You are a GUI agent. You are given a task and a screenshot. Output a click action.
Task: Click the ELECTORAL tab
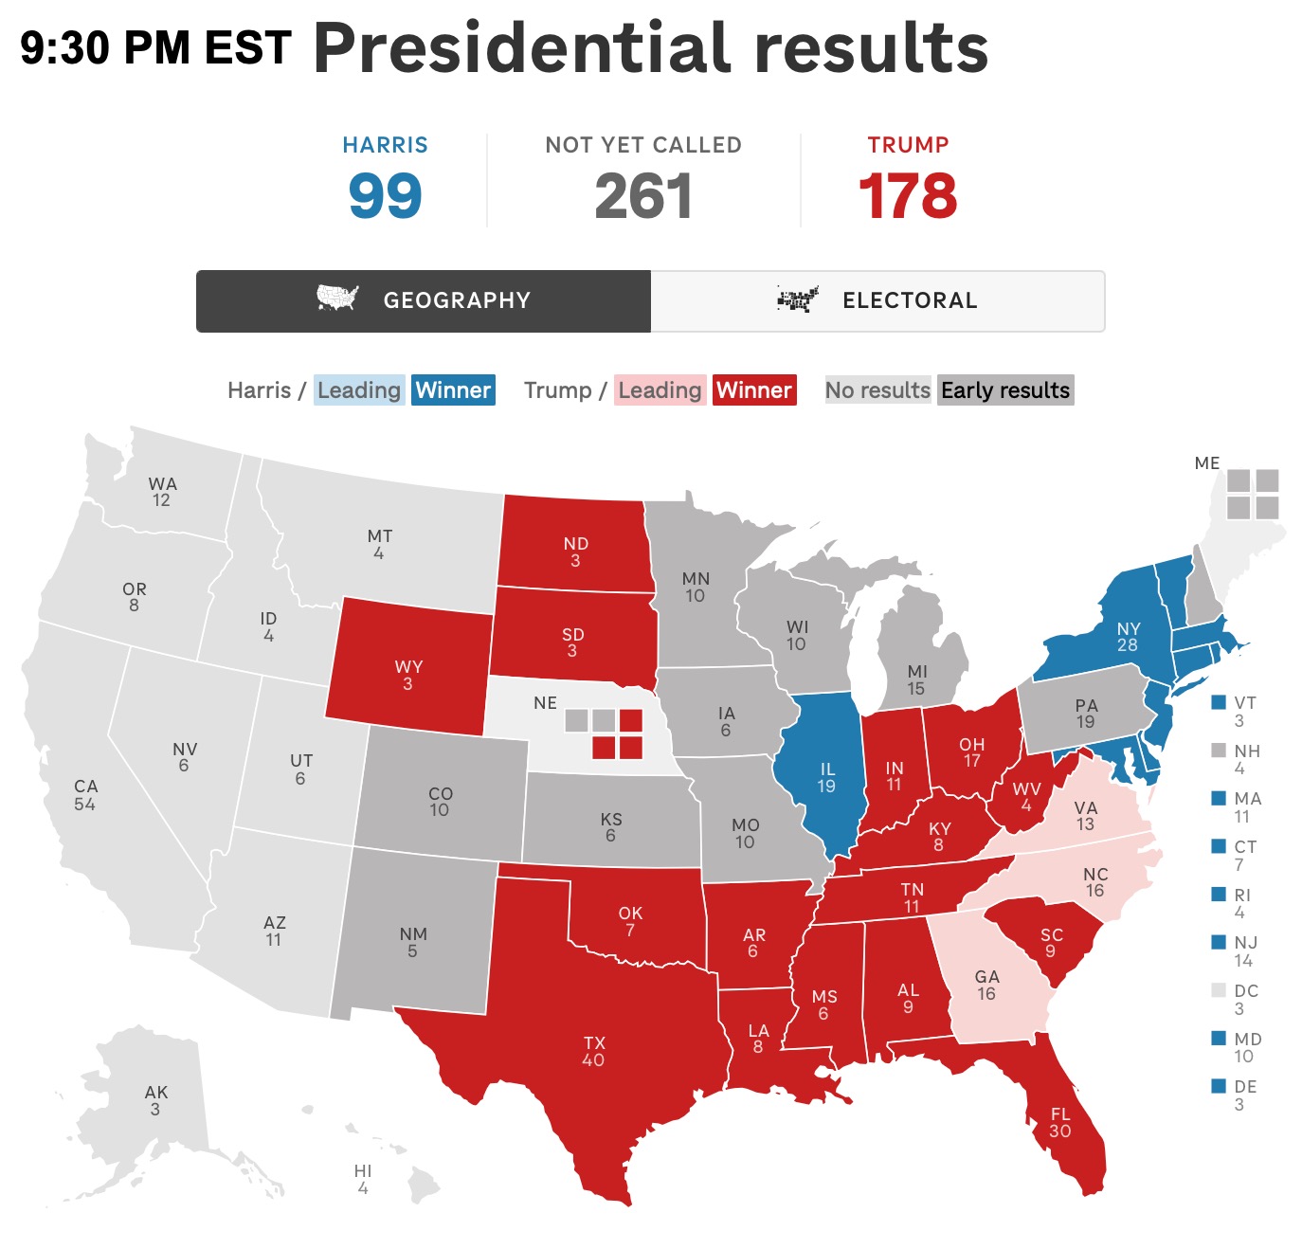tap(877, 300)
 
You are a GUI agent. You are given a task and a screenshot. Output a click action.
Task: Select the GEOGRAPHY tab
tap(424, 300)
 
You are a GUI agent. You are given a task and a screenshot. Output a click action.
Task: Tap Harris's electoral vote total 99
tap(385, 196)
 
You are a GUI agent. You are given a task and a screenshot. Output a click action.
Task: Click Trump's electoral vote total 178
tap(908, 196)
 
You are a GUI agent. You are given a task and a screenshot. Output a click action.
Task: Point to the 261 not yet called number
tap(643, 196)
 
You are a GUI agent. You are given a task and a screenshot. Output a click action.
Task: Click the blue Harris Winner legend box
tap(453, 390)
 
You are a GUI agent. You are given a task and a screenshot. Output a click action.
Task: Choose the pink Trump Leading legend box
tap(660, 390)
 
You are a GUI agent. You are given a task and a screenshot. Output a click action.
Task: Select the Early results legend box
tap(1005, 390)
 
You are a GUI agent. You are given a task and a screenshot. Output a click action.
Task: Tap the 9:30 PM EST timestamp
tap(155, 47)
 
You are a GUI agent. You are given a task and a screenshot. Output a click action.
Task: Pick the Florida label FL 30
tap(1059, 1122)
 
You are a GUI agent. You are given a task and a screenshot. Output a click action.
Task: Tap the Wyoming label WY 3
tap(408, 675)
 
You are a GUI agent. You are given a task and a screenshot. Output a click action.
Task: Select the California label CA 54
tap(85, 795)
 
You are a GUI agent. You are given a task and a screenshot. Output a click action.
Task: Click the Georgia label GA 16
tap(986, 985)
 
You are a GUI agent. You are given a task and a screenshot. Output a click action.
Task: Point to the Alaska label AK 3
tap(155, 1100)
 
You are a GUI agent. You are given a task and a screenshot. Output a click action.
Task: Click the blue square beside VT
tap(1219, 703)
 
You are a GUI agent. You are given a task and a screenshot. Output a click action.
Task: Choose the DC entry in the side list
tap(1245, 999)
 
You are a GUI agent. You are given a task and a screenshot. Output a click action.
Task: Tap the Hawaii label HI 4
tap(363, 1179)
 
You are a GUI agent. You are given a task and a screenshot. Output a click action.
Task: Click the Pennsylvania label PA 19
tap(1086, 713)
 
